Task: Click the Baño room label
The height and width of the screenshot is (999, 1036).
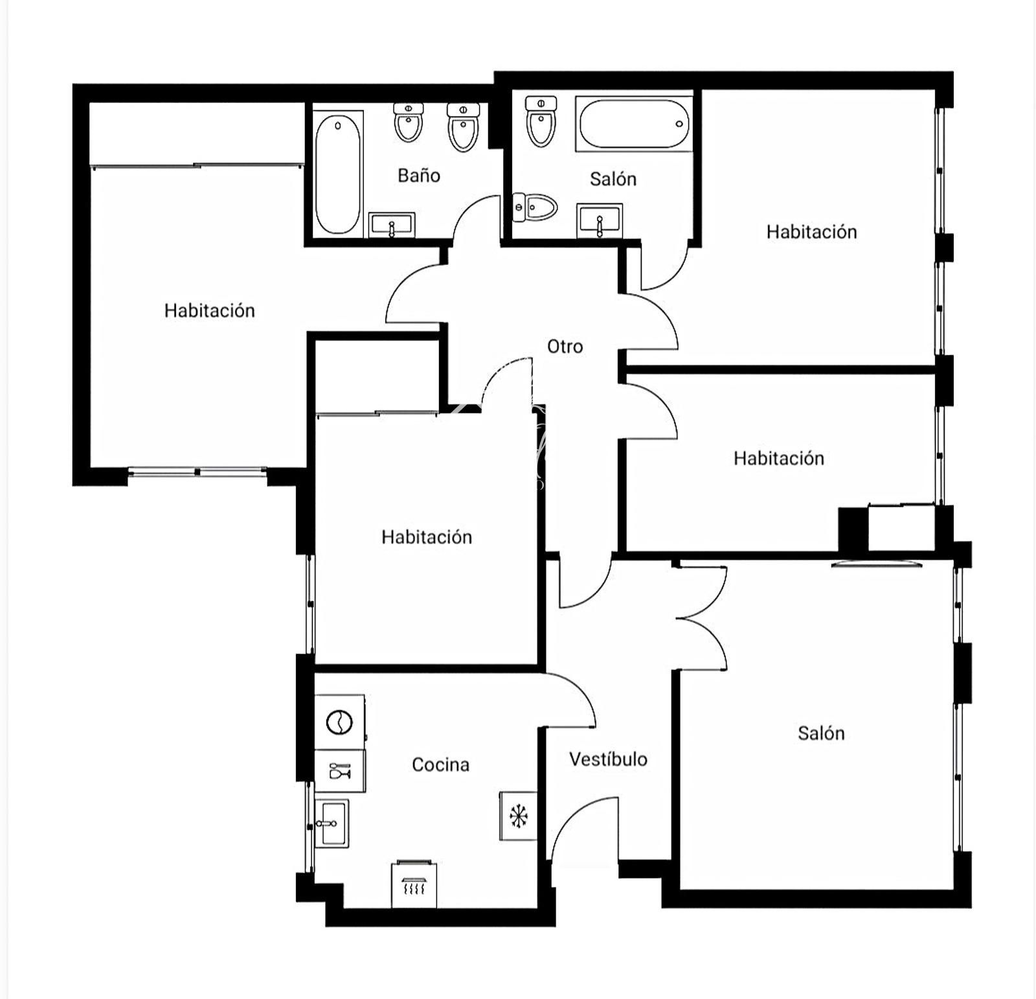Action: [419, 176]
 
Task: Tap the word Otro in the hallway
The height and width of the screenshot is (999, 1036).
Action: [565, 347]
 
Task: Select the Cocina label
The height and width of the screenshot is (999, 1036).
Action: [440, 764]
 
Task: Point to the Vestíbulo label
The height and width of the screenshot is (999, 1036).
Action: [608, 759]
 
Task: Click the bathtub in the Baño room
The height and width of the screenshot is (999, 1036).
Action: [337, 174]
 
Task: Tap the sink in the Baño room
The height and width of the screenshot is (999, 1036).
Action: [392, 225]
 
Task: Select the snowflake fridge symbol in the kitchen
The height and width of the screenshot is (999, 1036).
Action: [518, 816]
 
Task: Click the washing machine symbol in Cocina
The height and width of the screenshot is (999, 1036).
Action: [339, 722]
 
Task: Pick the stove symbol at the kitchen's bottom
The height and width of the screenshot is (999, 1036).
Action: [414, 885]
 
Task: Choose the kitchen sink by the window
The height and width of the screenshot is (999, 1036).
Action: [332, 823]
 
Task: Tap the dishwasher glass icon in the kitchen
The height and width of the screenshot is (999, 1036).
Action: [340, 771]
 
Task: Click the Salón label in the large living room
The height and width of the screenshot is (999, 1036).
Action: [821, 733]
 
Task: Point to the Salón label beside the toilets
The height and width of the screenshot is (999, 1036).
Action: [613, 179]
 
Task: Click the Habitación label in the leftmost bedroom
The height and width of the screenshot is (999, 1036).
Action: [209, 310]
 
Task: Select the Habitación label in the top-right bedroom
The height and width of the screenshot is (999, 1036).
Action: [811, 232]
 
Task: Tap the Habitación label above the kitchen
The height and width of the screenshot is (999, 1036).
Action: [426, 536]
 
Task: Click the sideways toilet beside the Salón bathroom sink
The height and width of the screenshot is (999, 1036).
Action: [535, 207]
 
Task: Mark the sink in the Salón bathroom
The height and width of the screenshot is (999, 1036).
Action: [600, 221]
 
